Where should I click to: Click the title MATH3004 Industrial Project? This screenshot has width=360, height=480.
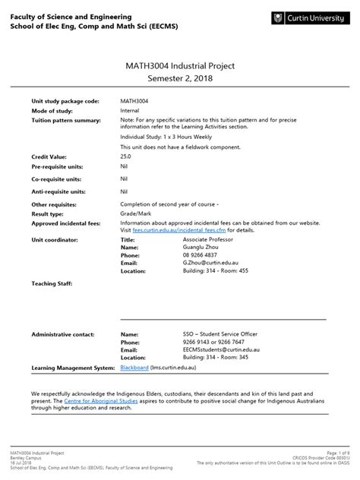point(179,66)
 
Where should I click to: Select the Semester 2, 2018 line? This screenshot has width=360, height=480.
point(179,79)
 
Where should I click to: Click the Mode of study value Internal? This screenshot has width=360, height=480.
point(130,109)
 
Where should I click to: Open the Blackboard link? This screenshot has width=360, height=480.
point(134,366)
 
